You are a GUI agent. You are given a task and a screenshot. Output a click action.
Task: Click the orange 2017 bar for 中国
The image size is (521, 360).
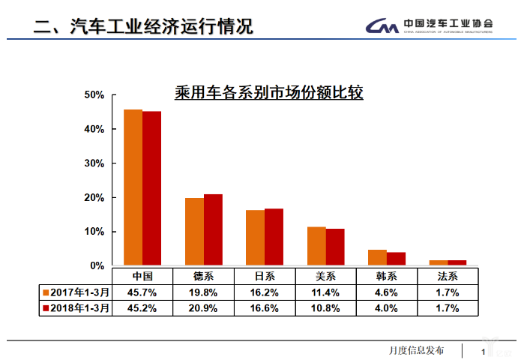click(133, 187)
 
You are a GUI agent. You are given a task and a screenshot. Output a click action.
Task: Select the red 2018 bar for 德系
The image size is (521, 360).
click(213, 229)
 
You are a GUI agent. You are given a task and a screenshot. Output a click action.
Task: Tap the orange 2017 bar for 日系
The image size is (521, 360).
click(255, 238)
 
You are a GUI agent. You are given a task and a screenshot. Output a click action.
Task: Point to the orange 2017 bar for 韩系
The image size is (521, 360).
click(377, 257)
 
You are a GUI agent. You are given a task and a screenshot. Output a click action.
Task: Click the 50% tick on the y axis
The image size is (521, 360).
click(94, 95)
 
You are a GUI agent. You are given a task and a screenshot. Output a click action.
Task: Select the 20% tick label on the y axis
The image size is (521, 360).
click(94, 198)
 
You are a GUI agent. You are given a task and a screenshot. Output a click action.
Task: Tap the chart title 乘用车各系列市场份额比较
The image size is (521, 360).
click(268, 94)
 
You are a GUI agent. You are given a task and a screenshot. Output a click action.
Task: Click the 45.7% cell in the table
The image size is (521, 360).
click(142, 292)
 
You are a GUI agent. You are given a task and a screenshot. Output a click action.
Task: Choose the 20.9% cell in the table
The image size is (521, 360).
click(204, 307)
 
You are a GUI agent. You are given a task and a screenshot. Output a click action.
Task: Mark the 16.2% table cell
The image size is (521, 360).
click(265, 292)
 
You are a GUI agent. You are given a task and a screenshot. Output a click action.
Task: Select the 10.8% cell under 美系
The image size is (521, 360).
click(326, 307)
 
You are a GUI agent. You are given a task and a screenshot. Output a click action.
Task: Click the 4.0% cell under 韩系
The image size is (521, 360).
click(387, 307)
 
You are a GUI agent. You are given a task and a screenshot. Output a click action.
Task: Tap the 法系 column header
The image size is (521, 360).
click(448, 276)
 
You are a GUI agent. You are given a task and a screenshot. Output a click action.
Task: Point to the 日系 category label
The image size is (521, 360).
click(265, 276)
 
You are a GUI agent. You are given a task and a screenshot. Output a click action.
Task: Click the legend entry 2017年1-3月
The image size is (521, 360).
click(76, 292)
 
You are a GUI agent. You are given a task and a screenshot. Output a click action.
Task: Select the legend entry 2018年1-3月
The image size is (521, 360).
click(76, 307)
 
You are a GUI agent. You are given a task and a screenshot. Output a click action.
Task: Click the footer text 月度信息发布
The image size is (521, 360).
click(416, 350)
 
